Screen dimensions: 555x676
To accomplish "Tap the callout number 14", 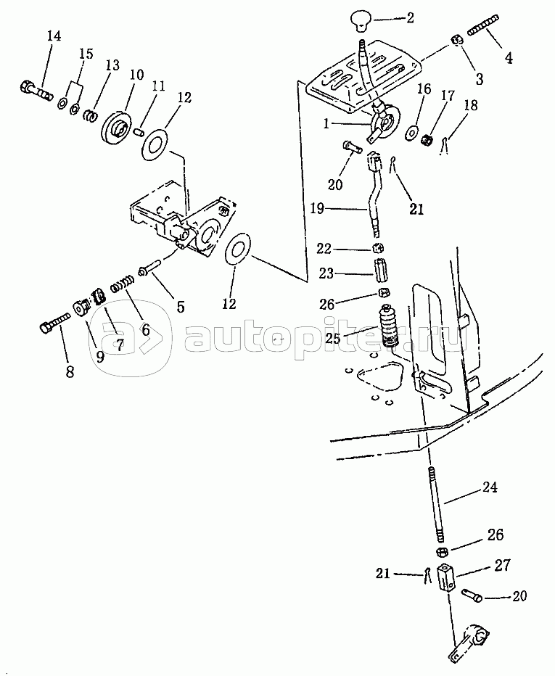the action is tap(54, 36).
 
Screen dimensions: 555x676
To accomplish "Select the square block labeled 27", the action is tap(446, 579).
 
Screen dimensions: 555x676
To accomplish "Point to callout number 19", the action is tap(317, 209).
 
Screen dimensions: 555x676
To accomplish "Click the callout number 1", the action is tap(326, 124).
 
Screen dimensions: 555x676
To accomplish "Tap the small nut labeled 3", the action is tap(457, 41).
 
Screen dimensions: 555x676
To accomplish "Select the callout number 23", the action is tap(326, 273).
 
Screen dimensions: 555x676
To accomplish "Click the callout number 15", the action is tap(86, 54).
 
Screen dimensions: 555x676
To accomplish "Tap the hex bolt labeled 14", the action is tap(36, 88).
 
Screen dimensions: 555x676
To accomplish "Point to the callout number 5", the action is tap(180, 307).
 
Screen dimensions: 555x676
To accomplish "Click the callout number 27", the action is tap(503, 565).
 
